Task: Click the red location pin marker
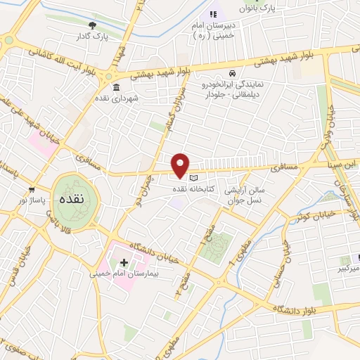click(x=181, y=165)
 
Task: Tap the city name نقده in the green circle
click(x=72, y=200)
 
